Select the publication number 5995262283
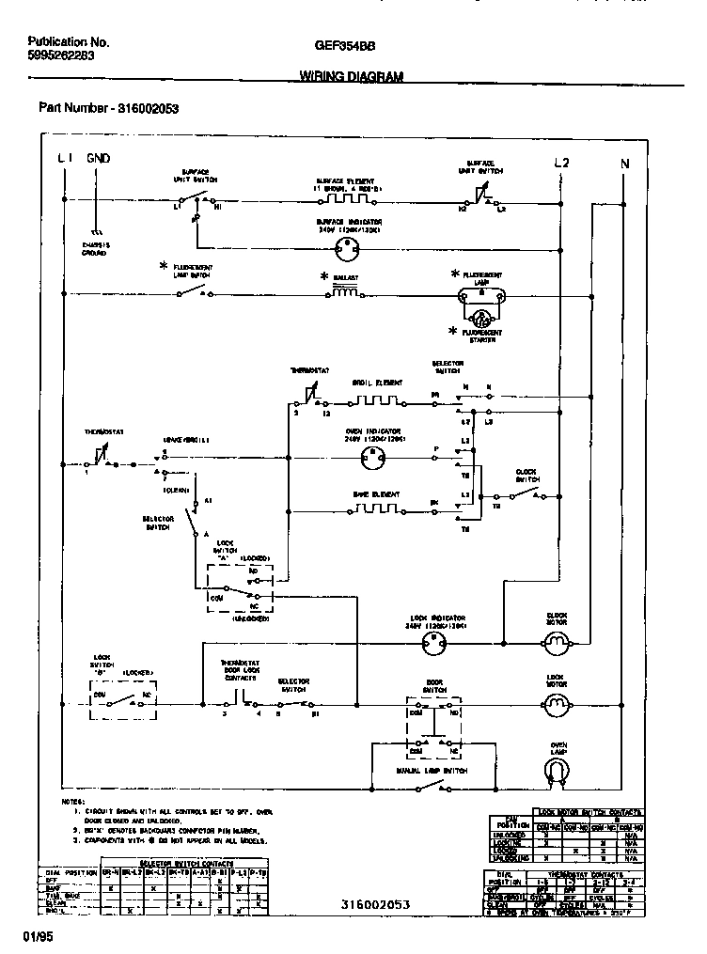tap(61, 55)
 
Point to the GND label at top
tap(98, 159)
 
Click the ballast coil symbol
tap(344, 293)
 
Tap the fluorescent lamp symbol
tap(480, 294)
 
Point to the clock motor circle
tap(558, 643)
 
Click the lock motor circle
tap(558, 702)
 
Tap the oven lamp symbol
tap(558, 771)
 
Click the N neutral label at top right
tap(624, 164)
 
